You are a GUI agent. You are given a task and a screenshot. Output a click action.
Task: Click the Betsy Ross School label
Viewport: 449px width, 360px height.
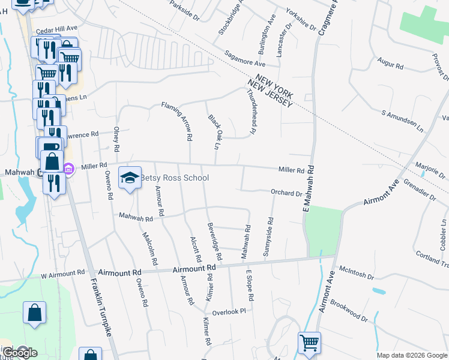[x=174, y=178]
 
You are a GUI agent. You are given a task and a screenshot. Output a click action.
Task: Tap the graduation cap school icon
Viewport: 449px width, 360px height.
[x=130, y=178]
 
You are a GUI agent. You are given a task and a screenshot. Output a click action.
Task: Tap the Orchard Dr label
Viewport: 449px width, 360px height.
[x=286, y=193]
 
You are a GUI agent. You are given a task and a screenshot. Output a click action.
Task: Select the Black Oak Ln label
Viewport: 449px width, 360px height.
[x=212, y=131]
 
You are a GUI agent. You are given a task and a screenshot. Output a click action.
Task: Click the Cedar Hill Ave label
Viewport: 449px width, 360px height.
[x=57, y=28]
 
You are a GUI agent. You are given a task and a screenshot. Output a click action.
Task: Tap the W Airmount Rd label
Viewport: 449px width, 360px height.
[x=62, y=275]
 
